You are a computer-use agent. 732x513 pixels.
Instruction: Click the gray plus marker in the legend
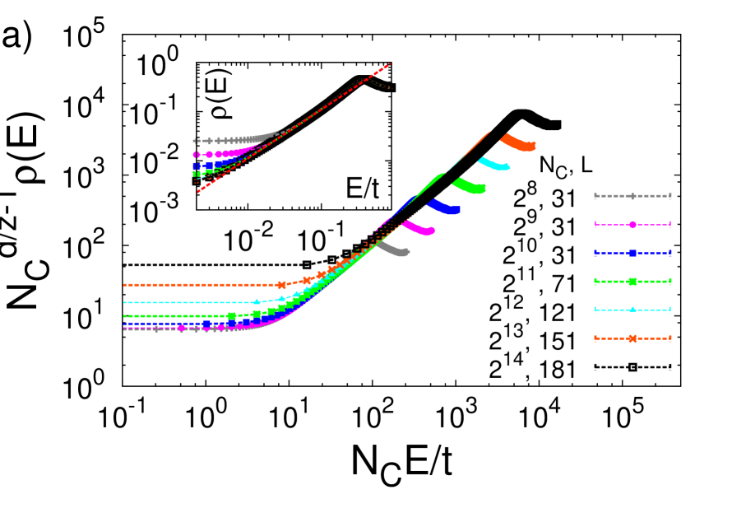click(632, 196)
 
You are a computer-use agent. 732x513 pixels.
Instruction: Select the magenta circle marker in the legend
click(632, 224)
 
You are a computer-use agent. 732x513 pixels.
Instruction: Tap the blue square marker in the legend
click(632, 253)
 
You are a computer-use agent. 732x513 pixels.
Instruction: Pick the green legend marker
click(632, 282)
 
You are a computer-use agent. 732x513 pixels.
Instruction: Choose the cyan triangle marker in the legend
click(632, 310)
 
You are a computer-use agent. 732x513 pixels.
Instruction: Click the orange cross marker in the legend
click(632, 338)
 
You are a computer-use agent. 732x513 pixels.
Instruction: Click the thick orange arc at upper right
click(519, 143)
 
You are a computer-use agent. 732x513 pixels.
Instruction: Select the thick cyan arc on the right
click(494, 164)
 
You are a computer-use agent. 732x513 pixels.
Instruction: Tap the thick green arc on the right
click(469, 186)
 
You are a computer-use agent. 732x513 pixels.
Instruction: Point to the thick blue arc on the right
click(443, 208)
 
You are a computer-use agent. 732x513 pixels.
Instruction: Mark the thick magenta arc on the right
click(418, 228)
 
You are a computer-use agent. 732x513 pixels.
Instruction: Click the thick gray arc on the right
click(393, 249)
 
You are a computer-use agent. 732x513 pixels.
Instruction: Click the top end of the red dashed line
click(390, 63)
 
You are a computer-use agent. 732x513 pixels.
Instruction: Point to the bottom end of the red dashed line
click(196, 193)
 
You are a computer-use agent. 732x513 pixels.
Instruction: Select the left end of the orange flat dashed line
click(124, 285)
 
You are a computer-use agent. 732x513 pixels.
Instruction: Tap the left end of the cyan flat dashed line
click(124, 302)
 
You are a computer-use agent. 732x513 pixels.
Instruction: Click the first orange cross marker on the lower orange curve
click(282, 285)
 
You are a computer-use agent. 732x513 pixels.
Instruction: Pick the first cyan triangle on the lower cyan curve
click(257, 301)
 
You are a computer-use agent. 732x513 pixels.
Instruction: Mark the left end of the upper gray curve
click(195, 141)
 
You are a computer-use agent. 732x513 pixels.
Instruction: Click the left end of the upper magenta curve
click(196, 154)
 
